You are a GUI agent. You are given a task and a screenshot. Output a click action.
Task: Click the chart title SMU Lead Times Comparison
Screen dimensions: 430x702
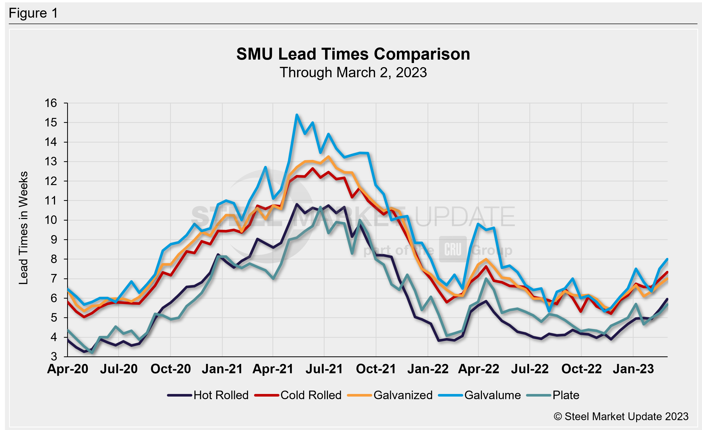353,54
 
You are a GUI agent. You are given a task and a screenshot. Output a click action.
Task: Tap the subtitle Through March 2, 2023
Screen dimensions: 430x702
353,72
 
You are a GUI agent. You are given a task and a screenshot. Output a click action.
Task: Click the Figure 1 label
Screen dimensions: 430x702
33,13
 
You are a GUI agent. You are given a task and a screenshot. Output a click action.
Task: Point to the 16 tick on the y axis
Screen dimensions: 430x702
51,103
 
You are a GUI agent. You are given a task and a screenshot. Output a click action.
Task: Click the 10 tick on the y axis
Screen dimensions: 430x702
51,220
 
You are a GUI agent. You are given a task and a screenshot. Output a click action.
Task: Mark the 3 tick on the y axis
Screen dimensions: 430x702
54,357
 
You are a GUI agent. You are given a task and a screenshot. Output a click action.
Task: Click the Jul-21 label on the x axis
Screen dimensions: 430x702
324,369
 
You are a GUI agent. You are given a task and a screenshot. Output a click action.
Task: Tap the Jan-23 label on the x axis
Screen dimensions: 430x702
633,369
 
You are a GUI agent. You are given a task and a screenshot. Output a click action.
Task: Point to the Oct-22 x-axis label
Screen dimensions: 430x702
581,369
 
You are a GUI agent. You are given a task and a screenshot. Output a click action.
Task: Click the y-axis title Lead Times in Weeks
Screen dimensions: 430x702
23,228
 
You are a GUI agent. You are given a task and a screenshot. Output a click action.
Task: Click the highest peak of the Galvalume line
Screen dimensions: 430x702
297,115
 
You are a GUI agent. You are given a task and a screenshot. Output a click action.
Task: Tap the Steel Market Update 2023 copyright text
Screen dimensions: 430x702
621,416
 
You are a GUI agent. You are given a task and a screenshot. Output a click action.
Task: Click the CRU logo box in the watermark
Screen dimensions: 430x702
453,249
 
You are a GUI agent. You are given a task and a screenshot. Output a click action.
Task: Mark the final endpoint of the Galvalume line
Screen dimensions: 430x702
667,259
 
